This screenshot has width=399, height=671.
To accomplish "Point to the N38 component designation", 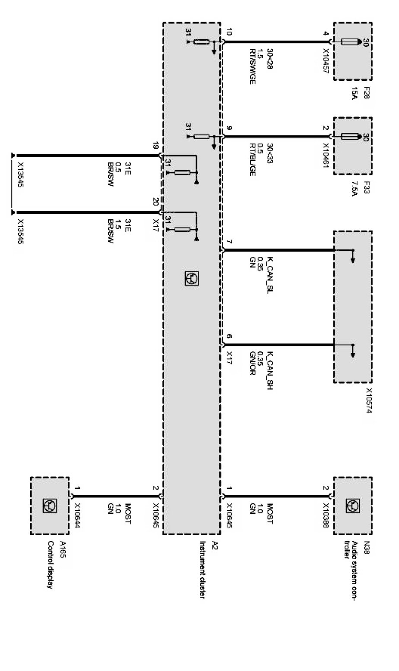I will [x=367, y=545].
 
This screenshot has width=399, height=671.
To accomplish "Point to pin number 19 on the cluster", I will [x=156, y=147].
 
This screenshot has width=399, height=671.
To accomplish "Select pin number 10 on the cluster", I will [x=228, y=32].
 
